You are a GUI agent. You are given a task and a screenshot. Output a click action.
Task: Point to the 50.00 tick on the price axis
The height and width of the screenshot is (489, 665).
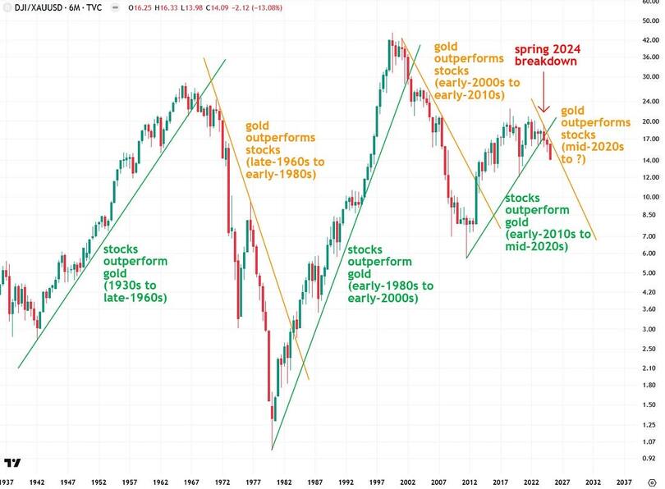tap(648, 21)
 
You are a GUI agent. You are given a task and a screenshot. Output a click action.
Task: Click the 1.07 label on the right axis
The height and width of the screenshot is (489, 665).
tap(648, 441)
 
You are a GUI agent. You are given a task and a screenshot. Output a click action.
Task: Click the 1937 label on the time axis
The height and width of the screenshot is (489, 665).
tap(7, 482)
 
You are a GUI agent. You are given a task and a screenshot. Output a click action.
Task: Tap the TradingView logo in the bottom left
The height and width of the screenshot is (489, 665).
tap(13, 464)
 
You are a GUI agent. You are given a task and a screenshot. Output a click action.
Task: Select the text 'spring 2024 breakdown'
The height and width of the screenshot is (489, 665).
tap(548, 56)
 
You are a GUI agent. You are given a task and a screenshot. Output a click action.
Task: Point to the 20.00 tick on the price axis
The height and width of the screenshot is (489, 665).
tap(648, 121)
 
